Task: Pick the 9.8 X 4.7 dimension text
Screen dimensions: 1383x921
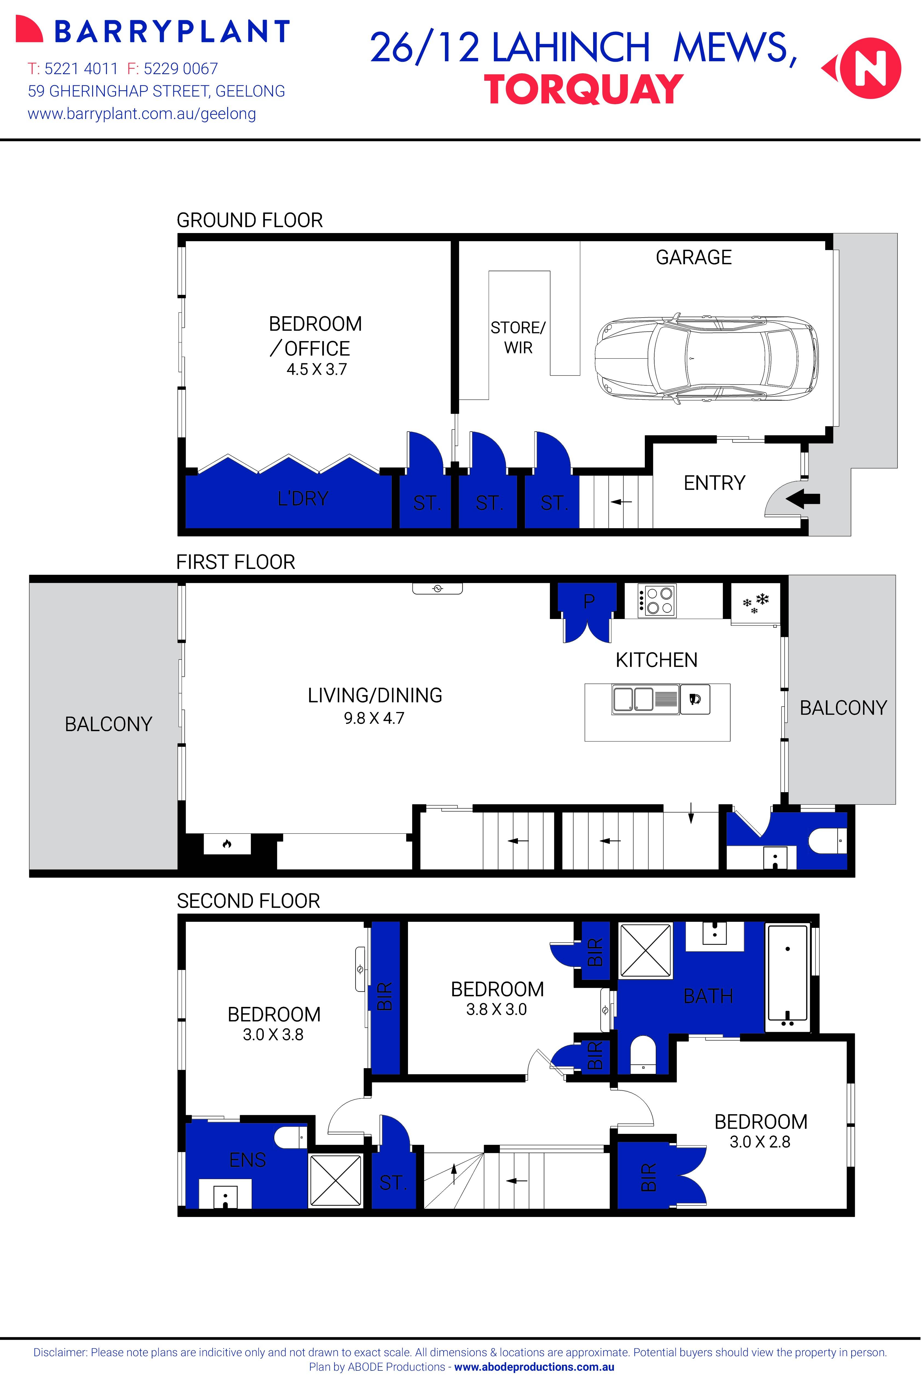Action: [x=374, y=718]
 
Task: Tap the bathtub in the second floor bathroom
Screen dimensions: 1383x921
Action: [x=787, y=978]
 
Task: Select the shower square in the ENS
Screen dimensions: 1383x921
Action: [x=335, y=1181]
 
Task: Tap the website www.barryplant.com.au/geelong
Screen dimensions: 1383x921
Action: [x=142, y=114]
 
